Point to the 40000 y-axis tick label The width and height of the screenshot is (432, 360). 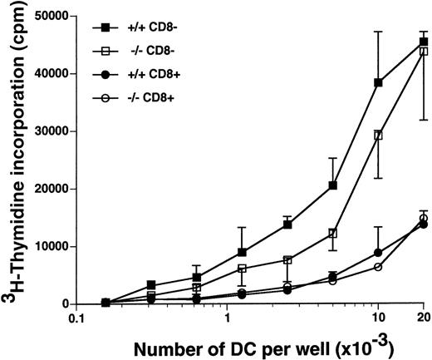[56, 73]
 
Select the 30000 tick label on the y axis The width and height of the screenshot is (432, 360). [56, 131]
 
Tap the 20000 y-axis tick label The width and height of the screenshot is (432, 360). [56, 189]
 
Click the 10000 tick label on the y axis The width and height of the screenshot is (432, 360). [56, 246]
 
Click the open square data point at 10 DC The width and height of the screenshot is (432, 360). [379, 135]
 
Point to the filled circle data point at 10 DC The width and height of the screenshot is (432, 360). [379, 253]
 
